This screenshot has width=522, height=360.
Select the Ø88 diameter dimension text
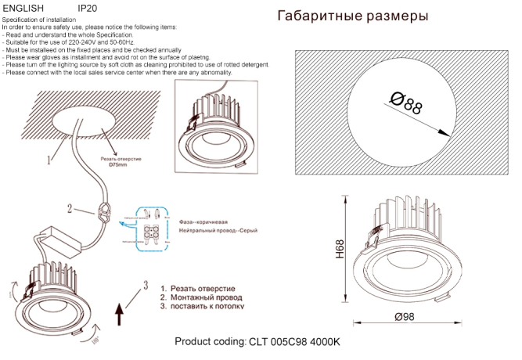[405, 103]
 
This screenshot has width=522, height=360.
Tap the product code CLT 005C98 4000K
[257, 342]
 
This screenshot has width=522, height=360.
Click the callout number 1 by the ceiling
[49, 160]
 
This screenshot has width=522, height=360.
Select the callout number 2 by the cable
[70, 209]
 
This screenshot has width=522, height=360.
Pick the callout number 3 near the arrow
[145, 283]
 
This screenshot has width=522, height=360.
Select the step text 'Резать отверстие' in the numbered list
[203, 289]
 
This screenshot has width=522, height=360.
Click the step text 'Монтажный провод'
[206, 297]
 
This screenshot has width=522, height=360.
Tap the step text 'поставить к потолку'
[207, 307]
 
